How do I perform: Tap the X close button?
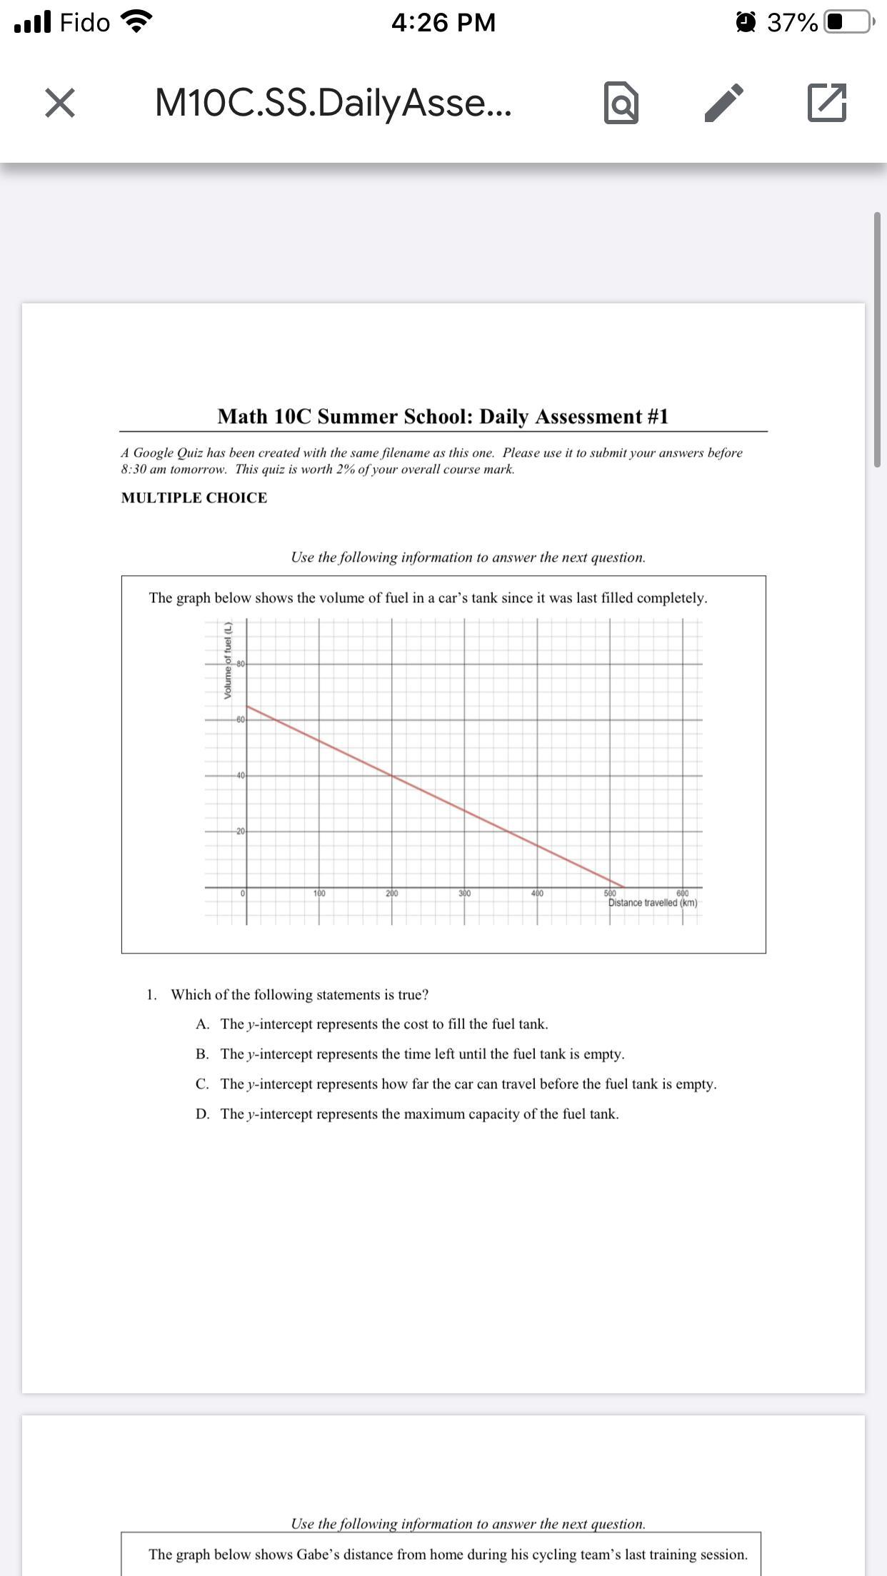tap(60, 103)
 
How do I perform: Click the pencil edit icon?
tap(724, 103)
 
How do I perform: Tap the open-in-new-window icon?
tap(827, 103)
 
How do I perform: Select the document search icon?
tap(621, 103)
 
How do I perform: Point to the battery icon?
tap(848, 23)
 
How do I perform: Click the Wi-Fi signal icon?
tap(138, 23)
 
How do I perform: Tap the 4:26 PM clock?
tap(443, 23)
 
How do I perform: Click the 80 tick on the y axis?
tap(241, 664)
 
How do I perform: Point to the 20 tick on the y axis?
tap(241, 832)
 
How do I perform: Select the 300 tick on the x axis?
tap(464, 894)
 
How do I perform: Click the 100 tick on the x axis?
tap(319, 894)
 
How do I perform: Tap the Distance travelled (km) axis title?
tap(653, 903)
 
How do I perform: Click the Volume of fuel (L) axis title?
tap(228, 661)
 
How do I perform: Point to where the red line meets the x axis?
tap(624, 887)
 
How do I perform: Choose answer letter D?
tap(202, 1114)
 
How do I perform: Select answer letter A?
tap(202, 1024)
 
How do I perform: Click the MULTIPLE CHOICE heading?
tap(194, 498)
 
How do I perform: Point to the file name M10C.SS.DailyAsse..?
tap(333, 103)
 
